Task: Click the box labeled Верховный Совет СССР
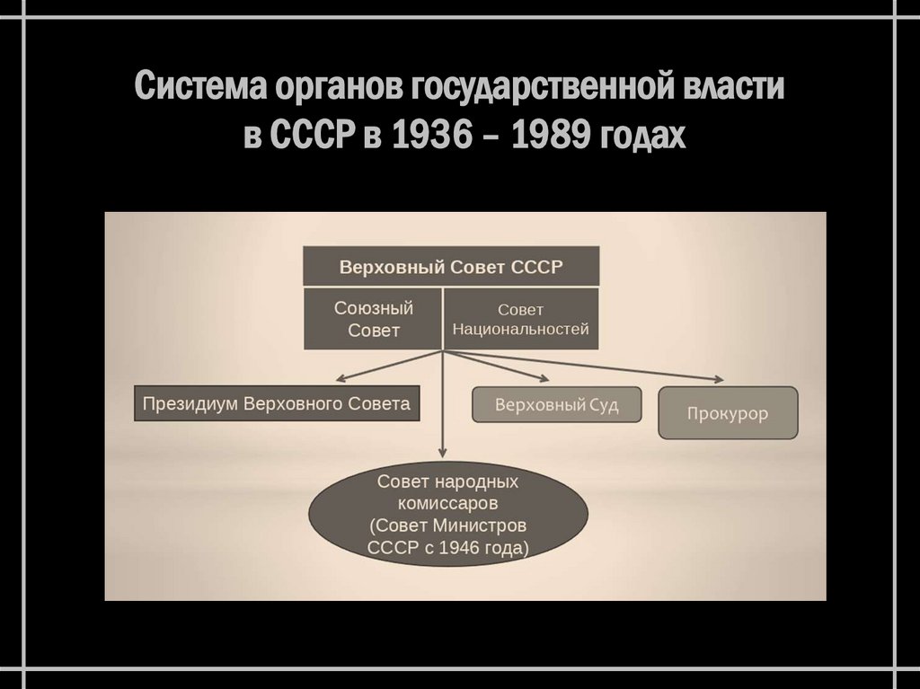tap(451, 268)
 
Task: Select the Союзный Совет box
tap(373, 319)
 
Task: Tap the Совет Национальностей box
tap(521, 319)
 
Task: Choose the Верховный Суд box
tap(557, 405)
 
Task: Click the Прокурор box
tap(728, 412)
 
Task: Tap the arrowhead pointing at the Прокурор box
tap(719, 379)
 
